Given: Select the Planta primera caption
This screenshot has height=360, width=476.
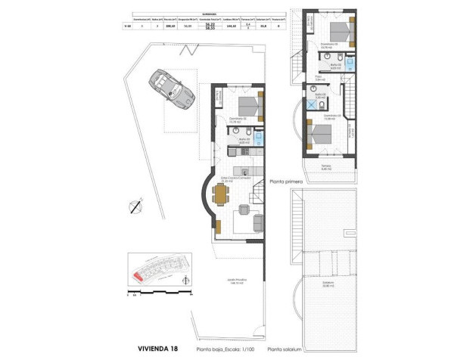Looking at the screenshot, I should pos(287,182).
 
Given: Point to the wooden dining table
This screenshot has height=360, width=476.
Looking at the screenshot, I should pos(220,195).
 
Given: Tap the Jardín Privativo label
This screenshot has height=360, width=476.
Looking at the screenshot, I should pos(235,281).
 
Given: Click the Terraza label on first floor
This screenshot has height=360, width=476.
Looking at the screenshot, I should pos(326,168).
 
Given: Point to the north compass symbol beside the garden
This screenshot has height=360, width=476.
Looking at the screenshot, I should pos(136,205).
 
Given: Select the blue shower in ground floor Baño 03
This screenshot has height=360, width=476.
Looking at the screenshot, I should pos(260,139).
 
